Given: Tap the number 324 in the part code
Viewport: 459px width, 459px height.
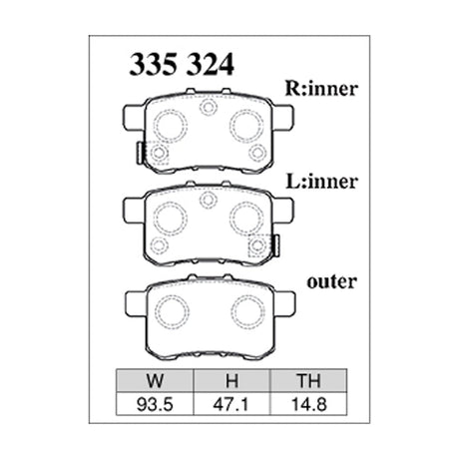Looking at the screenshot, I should pyautogui.click(x=210, y=66).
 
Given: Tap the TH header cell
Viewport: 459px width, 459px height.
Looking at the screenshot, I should pyautogui.click(x=304, y=380).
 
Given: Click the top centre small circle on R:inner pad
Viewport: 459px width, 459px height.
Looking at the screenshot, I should pyautogui.click(x=208, y=108).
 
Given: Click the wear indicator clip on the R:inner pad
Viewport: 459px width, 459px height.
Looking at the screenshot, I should pyautogui.click(x=138, y=154).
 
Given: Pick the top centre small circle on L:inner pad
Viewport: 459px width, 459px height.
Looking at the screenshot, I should pyautogui.click(x=208, y=199).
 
